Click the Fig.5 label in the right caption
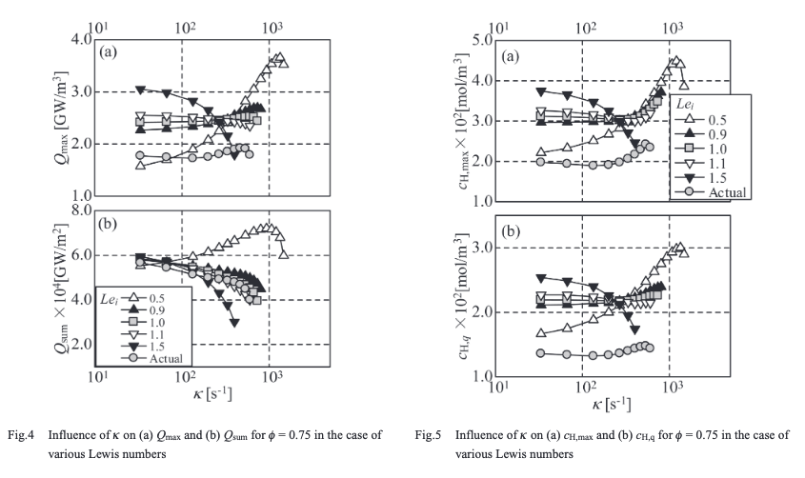(431, 435)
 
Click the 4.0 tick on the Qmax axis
(80, 39)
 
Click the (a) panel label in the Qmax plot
(109, 53)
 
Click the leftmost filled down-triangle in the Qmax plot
(140, 90)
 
